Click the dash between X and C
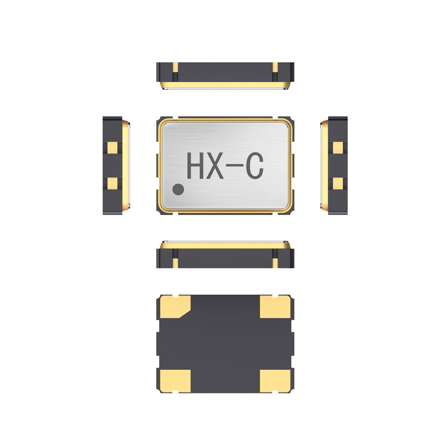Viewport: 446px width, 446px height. [235, 166]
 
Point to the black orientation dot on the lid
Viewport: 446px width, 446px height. [178, 190]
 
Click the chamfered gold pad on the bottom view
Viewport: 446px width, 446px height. [174, 306]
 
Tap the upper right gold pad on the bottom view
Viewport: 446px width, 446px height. [275, 307]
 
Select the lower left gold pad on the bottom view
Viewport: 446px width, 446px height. [174, 380]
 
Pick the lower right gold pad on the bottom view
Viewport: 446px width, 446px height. [275, 380]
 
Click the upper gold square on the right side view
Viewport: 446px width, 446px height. [338, 147]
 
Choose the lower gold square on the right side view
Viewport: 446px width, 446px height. [338, 182]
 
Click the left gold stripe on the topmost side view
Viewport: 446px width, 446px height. [175, 67]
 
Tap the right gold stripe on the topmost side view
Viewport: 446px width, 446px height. [275, 67]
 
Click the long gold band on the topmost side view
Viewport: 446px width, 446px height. [225, 84]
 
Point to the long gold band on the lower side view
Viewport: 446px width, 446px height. [225, 245]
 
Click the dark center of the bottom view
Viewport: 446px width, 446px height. [225, 343]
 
